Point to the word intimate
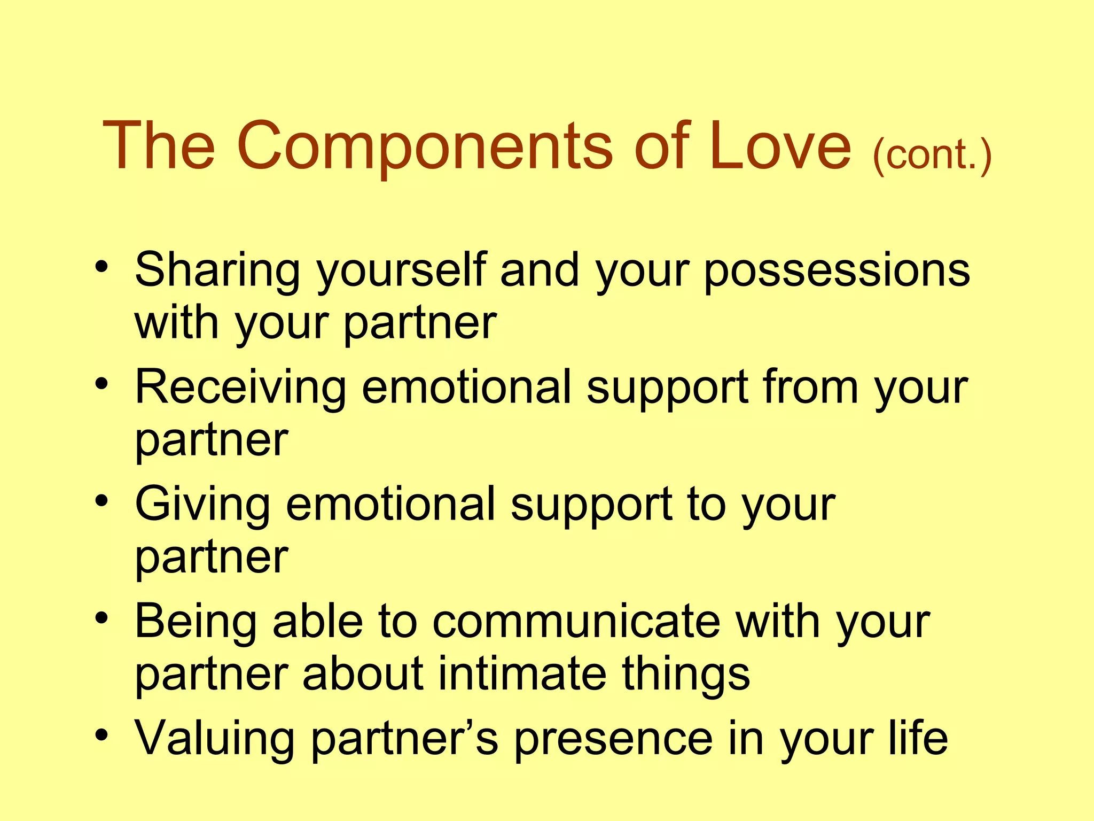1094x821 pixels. [x=522, y=673]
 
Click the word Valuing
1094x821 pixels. [x=214, y=739]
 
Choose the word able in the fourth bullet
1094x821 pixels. [x=318, y=622]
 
